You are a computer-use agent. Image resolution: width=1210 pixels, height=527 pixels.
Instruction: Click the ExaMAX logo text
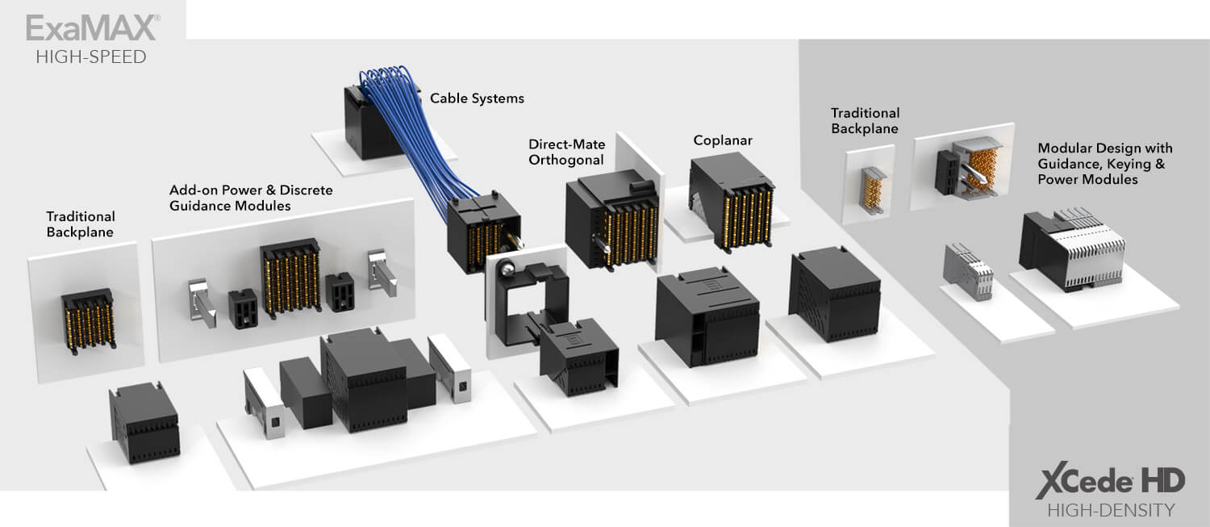[x=91, y=27]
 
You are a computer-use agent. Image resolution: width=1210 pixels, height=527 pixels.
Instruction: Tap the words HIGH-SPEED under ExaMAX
[x=91, y=56]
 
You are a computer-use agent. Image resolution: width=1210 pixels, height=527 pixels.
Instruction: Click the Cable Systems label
[x=477, y=98]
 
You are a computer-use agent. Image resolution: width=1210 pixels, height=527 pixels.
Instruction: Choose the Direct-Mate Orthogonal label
[x=565, y=152]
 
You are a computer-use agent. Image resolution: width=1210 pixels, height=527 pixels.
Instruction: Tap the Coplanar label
[x=723, y=140]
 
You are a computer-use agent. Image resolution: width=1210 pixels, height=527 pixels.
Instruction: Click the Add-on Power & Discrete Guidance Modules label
[x=251, y=198]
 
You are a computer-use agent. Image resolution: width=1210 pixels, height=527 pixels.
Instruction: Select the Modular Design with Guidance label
[x=1104, y=164]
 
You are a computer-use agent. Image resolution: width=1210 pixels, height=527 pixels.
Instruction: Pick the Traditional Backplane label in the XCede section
[x=865, y=120]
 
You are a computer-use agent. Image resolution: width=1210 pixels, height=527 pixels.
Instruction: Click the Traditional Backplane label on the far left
[x=81, y=224]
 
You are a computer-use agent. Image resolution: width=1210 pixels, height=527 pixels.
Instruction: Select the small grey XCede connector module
[x=968, y=270]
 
